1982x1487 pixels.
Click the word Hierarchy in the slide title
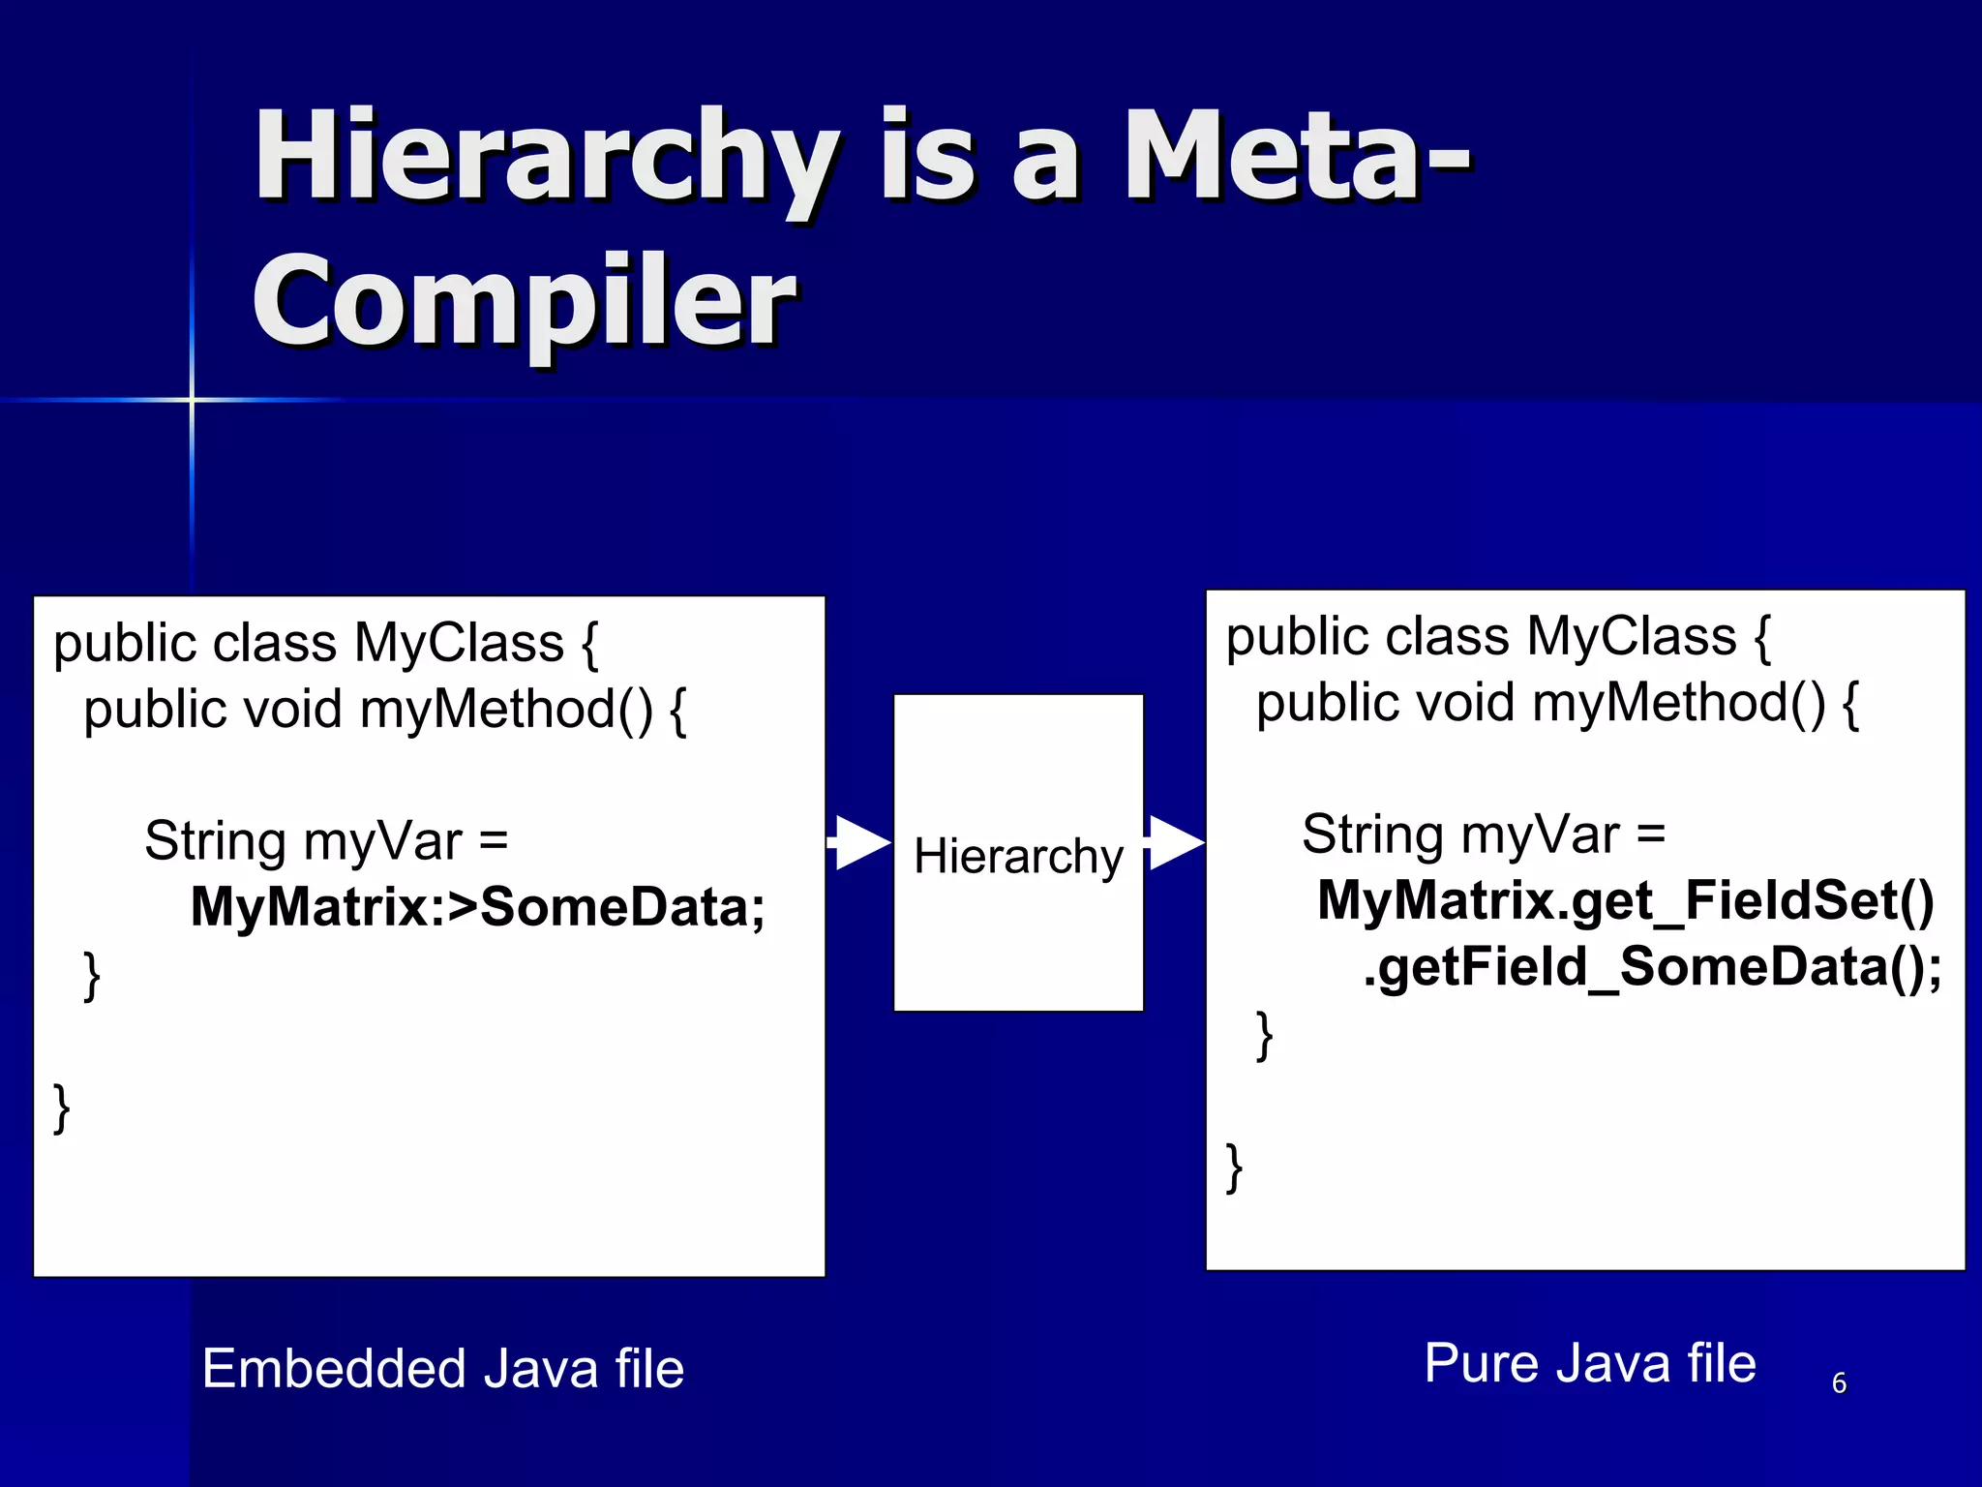pyautogui.click(x=547, y=160)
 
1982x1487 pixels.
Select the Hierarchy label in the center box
pyautogui.click(x=1018, y=856)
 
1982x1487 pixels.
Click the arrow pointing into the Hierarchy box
pyautogui.click(x=859, y=843)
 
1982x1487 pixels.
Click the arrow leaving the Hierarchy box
pyautogui.click(x=1174, y=843)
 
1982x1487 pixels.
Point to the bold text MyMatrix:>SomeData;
pyautogui.click(x=478, y=907)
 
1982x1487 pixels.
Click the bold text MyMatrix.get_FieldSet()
pyautogui.click(x=1626, y=900)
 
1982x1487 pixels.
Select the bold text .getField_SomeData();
pyautogui.click(x=1652, y=966)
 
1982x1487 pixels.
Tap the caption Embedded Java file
pyautogui.click(x=443, y=1369)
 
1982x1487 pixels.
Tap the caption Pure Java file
pyautogui.click(x=1589, y=1363)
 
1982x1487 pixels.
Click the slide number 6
pyautogui.click(x=1839, y=1382)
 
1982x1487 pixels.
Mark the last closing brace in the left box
pyautogui.click(x=62, y=1108)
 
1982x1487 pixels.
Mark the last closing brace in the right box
pyautogui.click(x=1234, y=1168)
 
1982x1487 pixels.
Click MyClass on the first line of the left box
pyautogui.click(x=459, y=643)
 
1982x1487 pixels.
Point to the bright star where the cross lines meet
pyautogui.click(x=192, y=400)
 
